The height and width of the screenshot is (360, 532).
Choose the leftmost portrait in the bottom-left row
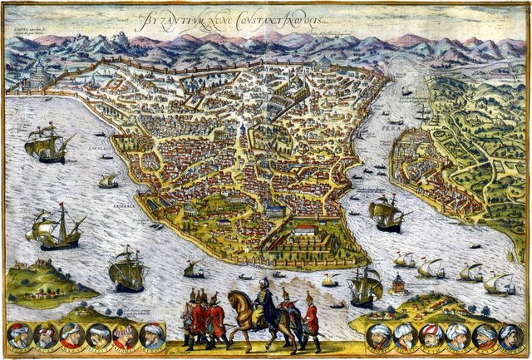[20, 336]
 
